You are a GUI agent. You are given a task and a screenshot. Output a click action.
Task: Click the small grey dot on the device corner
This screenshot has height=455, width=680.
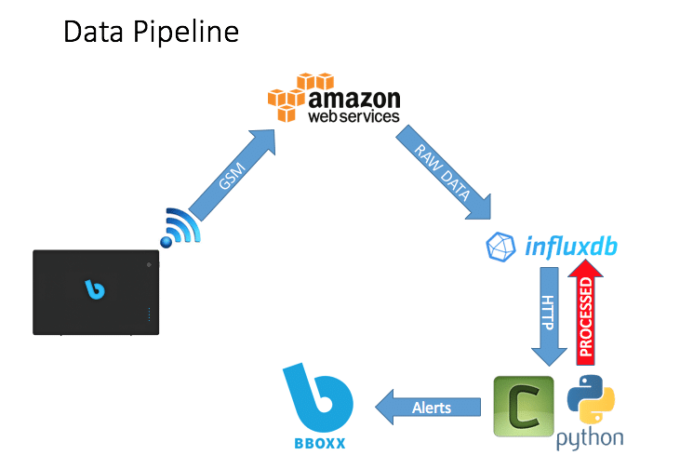149,263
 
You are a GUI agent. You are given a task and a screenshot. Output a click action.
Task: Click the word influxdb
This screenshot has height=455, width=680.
568,247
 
